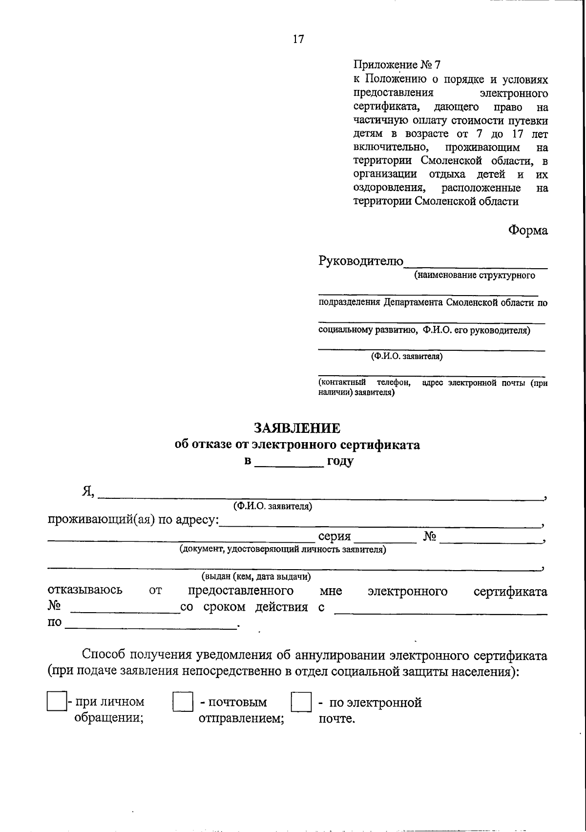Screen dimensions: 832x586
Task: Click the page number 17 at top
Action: click(x=298, y=40)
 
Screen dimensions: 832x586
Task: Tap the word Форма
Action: click(x=528, y=230)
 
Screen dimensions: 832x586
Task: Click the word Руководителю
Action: click(x=361, y=261)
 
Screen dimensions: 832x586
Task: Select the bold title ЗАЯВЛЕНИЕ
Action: click(x=297, y=428)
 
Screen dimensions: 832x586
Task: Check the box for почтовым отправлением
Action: click(x=183, y=703)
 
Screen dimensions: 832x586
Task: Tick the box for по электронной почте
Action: click(x=301, y=703)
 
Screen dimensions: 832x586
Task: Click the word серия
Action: click(x=335, y=536)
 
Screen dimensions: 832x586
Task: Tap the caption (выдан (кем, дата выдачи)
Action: click(x=256, y=577)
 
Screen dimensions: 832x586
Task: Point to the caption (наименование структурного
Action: click(x=474, y=275)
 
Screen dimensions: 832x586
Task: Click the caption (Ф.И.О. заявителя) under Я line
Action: click(x=272, y=506)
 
